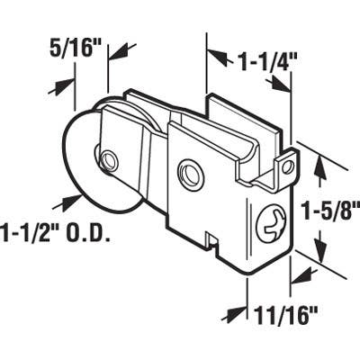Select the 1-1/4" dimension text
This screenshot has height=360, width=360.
tap(256, 62)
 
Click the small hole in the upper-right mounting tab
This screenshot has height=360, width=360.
tap(287, 166)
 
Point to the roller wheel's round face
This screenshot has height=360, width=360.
tap(85, 175)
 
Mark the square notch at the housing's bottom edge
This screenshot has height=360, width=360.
tap(212, 240)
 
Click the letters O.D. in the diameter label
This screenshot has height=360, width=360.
tap(87, 235)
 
